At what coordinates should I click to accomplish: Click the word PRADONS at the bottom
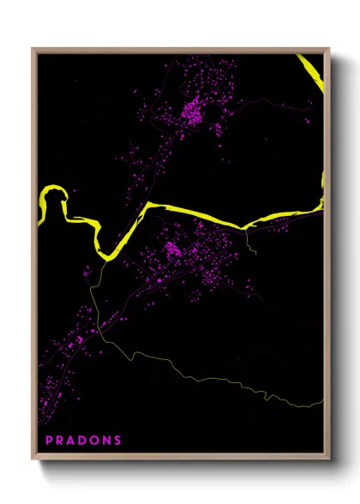tap(83, 440)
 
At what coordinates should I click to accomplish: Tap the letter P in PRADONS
tap(49, 440)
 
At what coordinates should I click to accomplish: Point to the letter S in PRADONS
tap(117, 440)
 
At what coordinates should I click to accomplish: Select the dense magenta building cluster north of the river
tap(193, 111)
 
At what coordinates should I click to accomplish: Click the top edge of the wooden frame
tap(180, 50)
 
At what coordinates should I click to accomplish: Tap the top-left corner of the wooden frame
tap(33, 50)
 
